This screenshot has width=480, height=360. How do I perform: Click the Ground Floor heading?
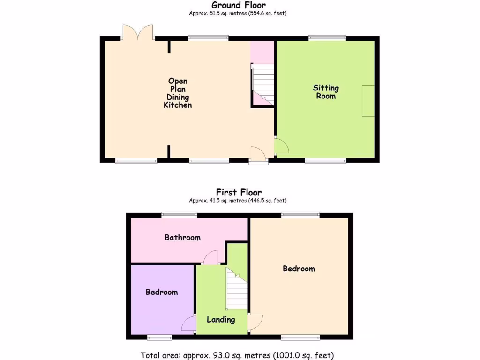click(238, 5)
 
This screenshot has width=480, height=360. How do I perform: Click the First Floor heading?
click(239, 192)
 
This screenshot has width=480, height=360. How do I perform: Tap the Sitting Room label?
click(326, 92)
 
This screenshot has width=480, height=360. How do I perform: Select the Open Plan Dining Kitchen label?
click(178, 93)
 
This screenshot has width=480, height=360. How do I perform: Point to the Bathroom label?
click(182, 238)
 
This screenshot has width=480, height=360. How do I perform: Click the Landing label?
click(221, 320)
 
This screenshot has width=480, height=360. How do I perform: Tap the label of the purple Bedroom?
click(162, 292)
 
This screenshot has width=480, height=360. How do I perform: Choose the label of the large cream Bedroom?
click(299, 269)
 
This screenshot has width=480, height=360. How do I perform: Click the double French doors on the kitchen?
click(138, 32)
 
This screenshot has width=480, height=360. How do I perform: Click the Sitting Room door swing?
click(281, 146)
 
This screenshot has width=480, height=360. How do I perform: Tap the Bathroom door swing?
click(211, 257)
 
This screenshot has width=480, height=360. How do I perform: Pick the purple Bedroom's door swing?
click(188, 324)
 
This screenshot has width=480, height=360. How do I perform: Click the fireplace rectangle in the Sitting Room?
click(368, 101)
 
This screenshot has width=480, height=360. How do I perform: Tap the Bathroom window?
click(179, 215)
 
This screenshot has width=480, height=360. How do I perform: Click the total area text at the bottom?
click(237, 355)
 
